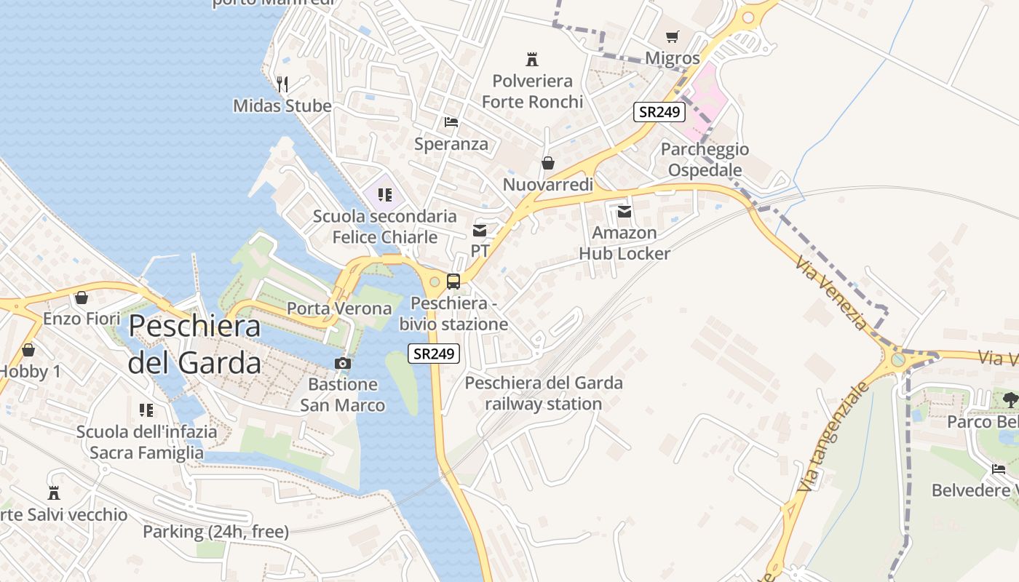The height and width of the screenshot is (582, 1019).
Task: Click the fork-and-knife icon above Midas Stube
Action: pyautogui.click(x=282, y=84)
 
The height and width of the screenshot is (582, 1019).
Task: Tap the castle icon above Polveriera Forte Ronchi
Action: pyautogui.click(x=533, y=59)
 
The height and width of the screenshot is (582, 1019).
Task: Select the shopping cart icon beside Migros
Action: pyautogui.click(x=673, y=36)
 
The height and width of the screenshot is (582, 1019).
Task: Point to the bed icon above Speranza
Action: pyautogui.click(x=451, y=121)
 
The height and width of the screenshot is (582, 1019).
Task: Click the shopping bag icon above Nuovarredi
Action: pyautogui.click(x=547, y=163)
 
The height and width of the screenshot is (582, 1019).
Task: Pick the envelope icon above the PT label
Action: pyautogui.click(x=480, y=231)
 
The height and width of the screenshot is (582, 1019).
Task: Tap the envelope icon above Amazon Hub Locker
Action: pyautogui.click(x=625, y=211)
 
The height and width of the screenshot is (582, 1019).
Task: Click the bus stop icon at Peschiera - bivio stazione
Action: pyautogui.click(x=453, y=281)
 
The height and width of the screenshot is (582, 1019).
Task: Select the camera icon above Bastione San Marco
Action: pyautogui.click(x=342, y=362)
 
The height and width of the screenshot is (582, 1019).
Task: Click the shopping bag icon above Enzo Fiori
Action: pyautogui.click(x=81, y=298)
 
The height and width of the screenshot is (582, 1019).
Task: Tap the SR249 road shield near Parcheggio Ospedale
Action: pyautogui.click(x=659, y=112)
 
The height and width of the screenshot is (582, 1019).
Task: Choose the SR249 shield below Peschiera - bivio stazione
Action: pyautogui.click(x=434, y=354)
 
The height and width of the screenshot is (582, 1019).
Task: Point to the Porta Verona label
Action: pyautogui.click(x=339, y=308)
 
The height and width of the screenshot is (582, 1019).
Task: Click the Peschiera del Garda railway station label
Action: pyautogui.click(x=544, y=393)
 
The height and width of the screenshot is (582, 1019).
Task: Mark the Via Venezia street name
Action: pyautogui.click(x=832, y=292)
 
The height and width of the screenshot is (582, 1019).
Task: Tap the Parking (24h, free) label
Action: pyautogui.click(x=215, y=532)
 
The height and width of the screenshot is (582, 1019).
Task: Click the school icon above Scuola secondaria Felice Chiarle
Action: pyautogui.click(x=385, y=195)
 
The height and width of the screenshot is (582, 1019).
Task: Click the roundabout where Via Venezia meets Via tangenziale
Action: pyautogui.click(x=899, y=359)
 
